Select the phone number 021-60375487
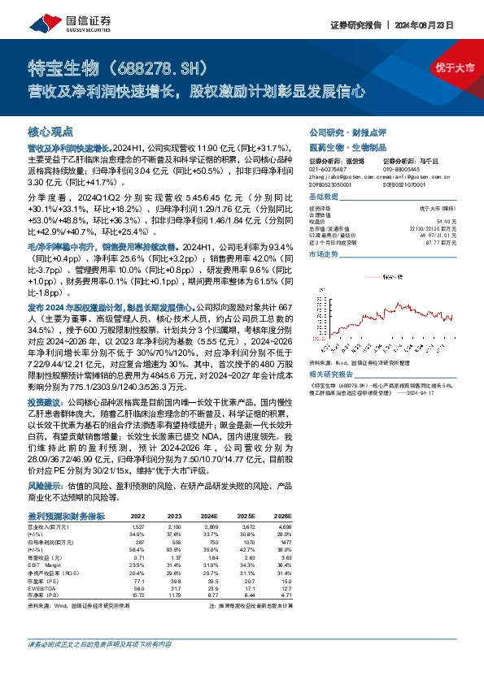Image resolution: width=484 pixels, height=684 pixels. [329, 171]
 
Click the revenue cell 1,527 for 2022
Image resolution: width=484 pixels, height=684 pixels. [137, 526]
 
